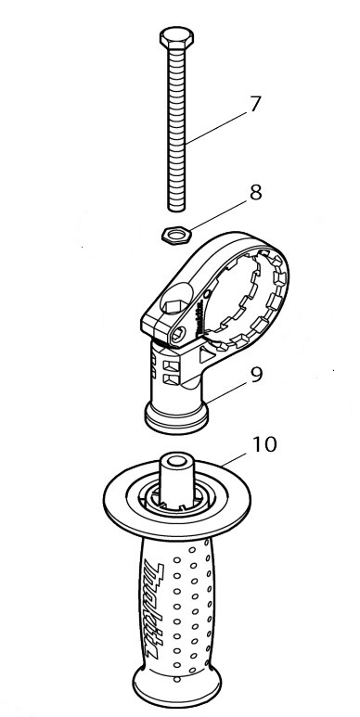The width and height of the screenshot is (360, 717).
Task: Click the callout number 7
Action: click(255, 104)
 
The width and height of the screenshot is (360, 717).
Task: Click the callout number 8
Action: click(255, 193)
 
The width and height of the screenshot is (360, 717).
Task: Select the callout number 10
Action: click(264, 444)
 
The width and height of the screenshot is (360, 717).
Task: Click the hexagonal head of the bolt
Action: click(176, 37)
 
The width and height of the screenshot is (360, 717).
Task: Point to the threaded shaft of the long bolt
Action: click(176, 128)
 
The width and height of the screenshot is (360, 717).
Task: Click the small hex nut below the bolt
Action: click(176, 235)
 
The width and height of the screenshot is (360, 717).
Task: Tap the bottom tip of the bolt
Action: click(176, 211)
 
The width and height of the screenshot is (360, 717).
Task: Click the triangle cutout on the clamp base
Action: click(205, 354)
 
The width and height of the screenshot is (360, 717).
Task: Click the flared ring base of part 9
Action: click(176, 417)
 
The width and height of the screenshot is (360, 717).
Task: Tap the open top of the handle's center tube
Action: click(177, 459)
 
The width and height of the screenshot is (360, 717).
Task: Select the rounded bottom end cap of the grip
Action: click(177, 689)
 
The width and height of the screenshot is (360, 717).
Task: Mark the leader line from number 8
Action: click(221, 216)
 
